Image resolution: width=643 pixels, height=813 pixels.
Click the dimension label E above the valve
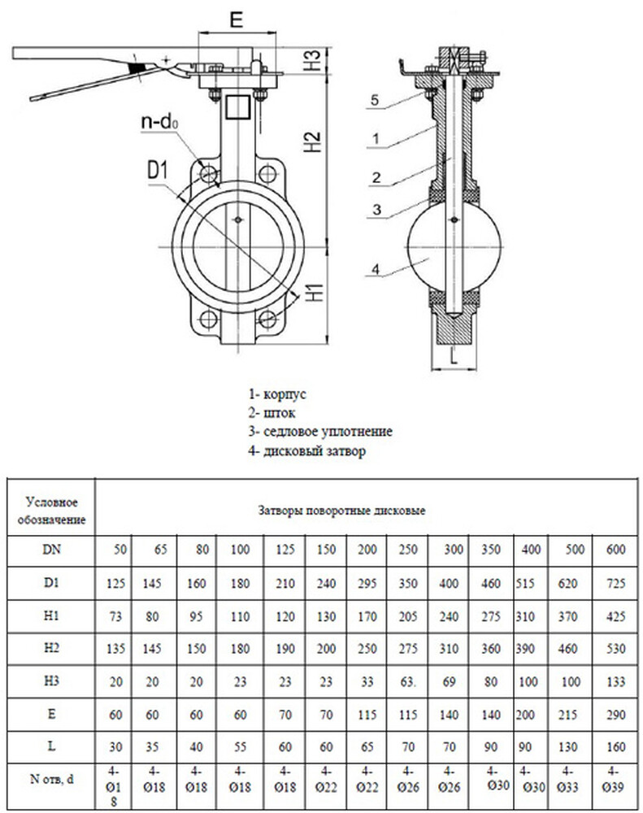[235, 21]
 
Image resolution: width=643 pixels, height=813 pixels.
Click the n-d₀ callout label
[158, 122]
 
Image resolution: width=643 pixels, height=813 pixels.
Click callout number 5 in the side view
[373, 100]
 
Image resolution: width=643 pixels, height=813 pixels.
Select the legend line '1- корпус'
[277, 393]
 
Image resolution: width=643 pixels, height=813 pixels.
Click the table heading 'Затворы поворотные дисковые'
[341, 511]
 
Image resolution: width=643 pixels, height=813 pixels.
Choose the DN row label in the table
[50, 550]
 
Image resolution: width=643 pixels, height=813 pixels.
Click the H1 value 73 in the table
[114, 616]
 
